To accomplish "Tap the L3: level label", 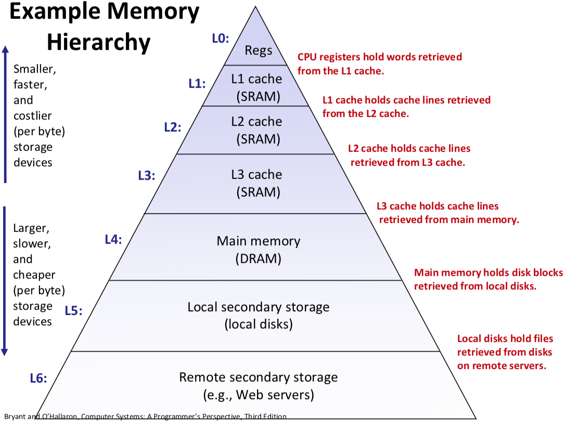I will coord(147,176).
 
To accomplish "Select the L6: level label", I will coord(38,378).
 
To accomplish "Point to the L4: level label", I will coord(113,240).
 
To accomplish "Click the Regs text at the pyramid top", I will coord(259,50).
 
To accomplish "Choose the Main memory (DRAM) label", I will coord(259,249).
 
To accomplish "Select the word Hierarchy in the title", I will coord(99,42).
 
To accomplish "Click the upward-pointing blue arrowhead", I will coord(5,50).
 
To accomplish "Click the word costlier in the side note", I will coord(32,115).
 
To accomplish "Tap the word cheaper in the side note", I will coord(34,274).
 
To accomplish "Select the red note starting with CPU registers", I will coord(379,63).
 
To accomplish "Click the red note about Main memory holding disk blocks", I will coord(488,279).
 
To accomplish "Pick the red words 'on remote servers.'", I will coord(501,365).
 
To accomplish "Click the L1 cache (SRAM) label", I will coord(257,87).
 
